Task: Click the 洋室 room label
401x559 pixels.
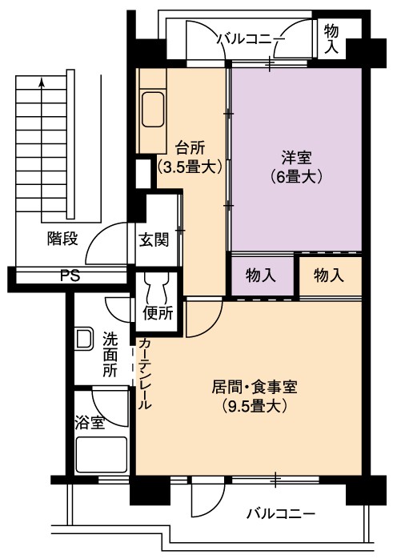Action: click(296, 158)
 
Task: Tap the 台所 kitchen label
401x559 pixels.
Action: click(190, 148)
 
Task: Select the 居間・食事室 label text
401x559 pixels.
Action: click(255, 387)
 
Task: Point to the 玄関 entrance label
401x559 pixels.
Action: click(154, 239)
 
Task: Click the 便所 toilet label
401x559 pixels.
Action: click(158, 313)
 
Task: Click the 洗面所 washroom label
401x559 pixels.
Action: click(110, 355)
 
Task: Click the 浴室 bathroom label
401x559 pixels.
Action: click(90, 423)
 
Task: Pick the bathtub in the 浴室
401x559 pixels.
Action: click(102, 455)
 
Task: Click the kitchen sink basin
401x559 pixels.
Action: click(153, 109)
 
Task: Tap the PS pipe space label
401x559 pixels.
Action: click(70, 276)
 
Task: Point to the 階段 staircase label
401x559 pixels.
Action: click(62, 239)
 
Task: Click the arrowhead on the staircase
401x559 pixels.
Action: click(42, 82)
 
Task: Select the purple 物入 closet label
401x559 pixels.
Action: click(261, 275)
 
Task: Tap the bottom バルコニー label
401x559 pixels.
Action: click(282, 513)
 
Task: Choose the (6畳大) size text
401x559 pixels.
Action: click(296, 177)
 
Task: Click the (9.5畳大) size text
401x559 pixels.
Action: click(255, 406)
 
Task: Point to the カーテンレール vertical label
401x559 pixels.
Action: click(145, 373)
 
